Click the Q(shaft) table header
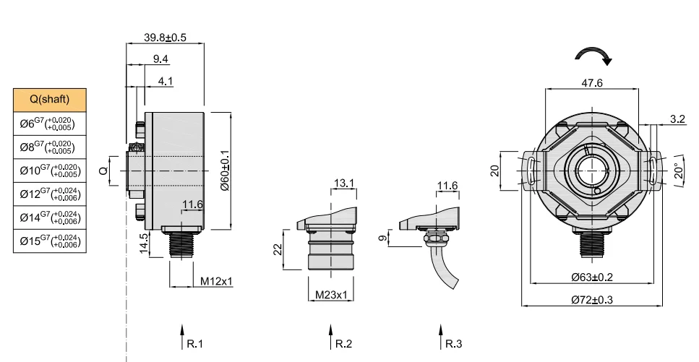coord(49,100)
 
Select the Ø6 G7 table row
coord(49,124)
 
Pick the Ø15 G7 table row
coord(49,241)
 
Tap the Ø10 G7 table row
coord(49,171)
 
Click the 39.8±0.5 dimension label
coord(165,38)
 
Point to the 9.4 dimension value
coord(160,59)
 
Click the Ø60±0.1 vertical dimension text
coord(225,171)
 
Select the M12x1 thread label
coord(216,281)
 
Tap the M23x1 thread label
coord(331,295)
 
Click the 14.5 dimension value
coord(144,244)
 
